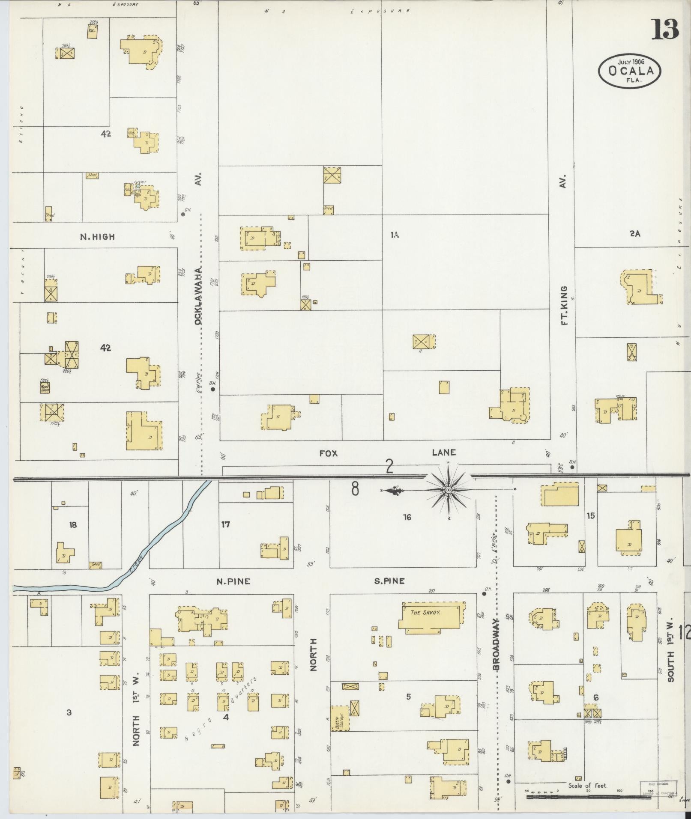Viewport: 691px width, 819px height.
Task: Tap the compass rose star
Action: pos(448,490)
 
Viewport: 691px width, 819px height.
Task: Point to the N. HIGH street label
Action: pos(97,237)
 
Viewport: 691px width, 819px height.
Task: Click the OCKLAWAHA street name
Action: pos(198,296)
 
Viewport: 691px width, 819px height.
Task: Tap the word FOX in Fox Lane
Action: pos(329,453)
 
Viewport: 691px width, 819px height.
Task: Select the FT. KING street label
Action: pos(564,306)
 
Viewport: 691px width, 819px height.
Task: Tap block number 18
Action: pos(73,524)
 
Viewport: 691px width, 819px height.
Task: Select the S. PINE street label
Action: pos(389,581)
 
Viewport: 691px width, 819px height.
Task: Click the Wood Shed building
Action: pos(45,387)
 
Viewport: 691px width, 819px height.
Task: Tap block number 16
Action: pos(407,517)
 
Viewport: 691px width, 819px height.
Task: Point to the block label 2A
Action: pos(634,234)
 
